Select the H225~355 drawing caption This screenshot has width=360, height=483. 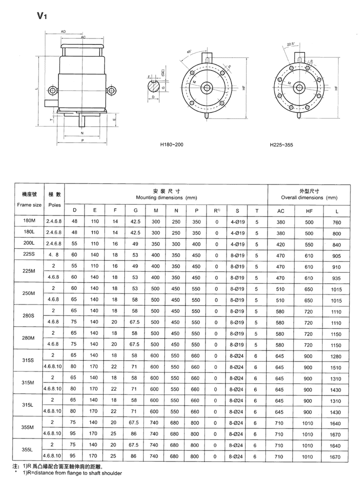click(281, 145)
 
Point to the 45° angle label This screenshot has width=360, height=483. click(188, 51)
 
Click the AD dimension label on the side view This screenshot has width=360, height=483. click(63, 31)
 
